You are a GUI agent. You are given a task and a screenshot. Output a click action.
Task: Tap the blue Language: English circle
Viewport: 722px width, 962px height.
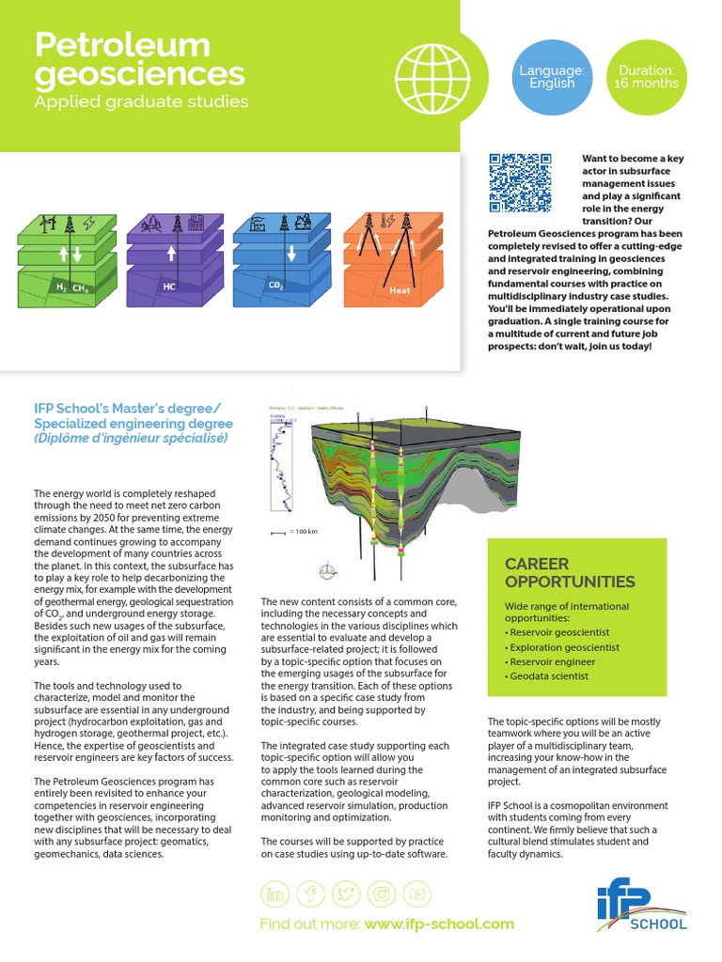point(552,77)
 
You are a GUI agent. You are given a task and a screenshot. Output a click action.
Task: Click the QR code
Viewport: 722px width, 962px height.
point(521,181)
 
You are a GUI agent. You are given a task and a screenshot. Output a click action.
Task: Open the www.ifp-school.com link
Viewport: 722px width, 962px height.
point(439,923)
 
